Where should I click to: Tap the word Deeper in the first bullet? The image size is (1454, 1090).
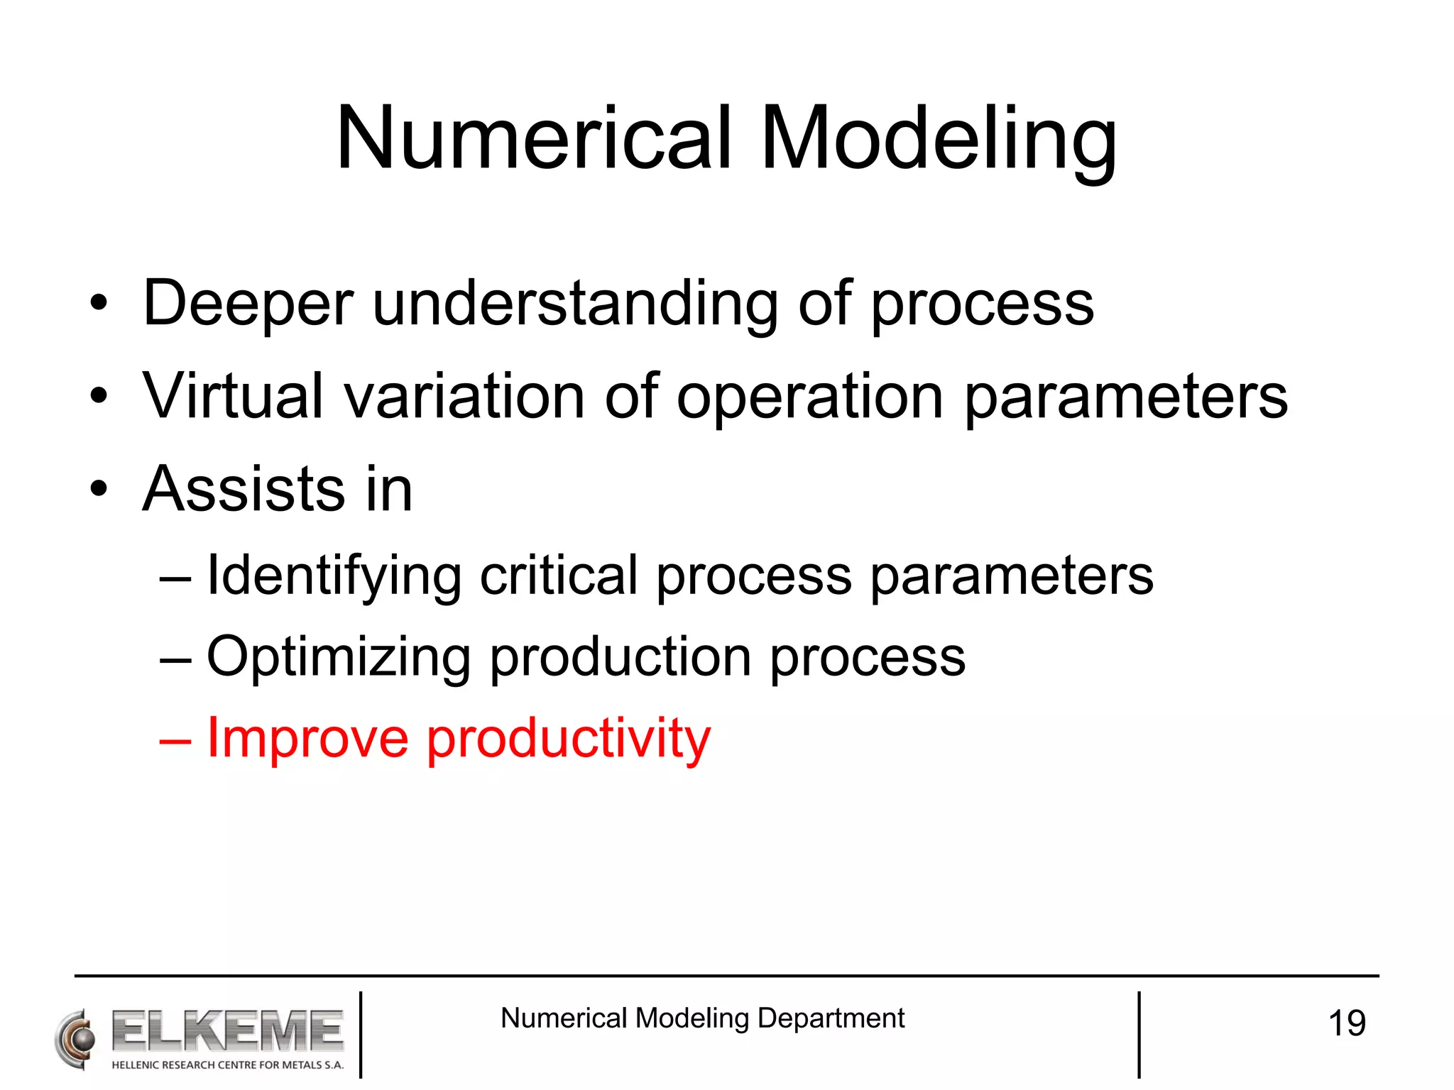[x=248, y=304]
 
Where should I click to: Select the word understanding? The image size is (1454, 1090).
[x=575, y=304]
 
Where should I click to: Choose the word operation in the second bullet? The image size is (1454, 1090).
[x=810, y=396]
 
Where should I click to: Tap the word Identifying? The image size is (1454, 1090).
[x=334, y=576]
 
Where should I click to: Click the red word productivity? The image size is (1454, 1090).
[x=568, y=738]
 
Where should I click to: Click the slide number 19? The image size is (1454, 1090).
[x=1346, y=1023]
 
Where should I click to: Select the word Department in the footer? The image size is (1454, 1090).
[x=831, y=1018]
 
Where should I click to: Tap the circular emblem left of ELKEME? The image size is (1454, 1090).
[x=75, y=1039]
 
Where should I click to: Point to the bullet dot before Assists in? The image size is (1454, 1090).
[x=99, y=489]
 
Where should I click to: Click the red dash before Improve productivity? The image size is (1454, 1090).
[x=175, y=739]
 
